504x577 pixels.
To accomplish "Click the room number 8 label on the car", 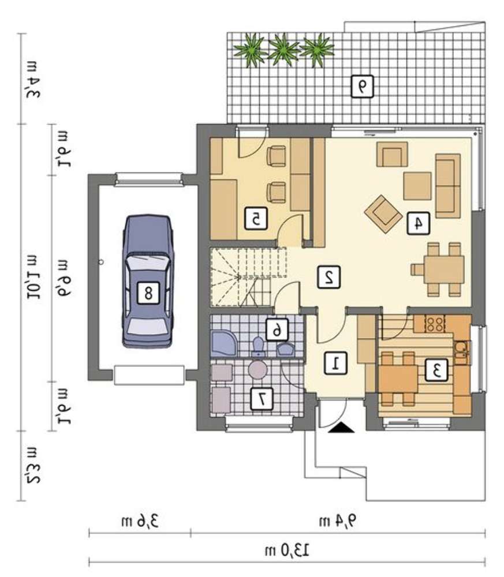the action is pos(148,293).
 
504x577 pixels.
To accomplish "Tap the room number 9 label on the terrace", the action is pos(362,87).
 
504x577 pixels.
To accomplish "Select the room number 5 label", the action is pos(256,219).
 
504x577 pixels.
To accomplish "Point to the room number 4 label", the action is pos(418,223).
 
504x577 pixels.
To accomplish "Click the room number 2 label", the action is pos(329,277).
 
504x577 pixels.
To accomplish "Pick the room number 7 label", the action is pos(262,399).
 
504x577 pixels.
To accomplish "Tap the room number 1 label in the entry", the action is pos(335,363).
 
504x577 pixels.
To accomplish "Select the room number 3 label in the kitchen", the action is pos(436,370).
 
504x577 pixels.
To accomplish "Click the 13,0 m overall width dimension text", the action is pos(287,551).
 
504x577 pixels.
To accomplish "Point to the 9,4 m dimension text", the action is pos(338,521).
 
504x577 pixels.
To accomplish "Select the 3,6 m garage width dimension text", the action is pos(140,521).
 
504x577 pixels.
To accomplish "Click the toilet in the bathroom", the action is pos(259,346).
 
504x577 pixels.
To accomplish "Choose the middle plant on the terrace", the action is pos(283,50).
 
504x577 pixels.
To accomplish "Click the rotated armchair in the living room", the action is pos(383,214).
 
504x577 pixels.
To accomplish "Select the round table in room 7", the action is pos(257,369).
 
